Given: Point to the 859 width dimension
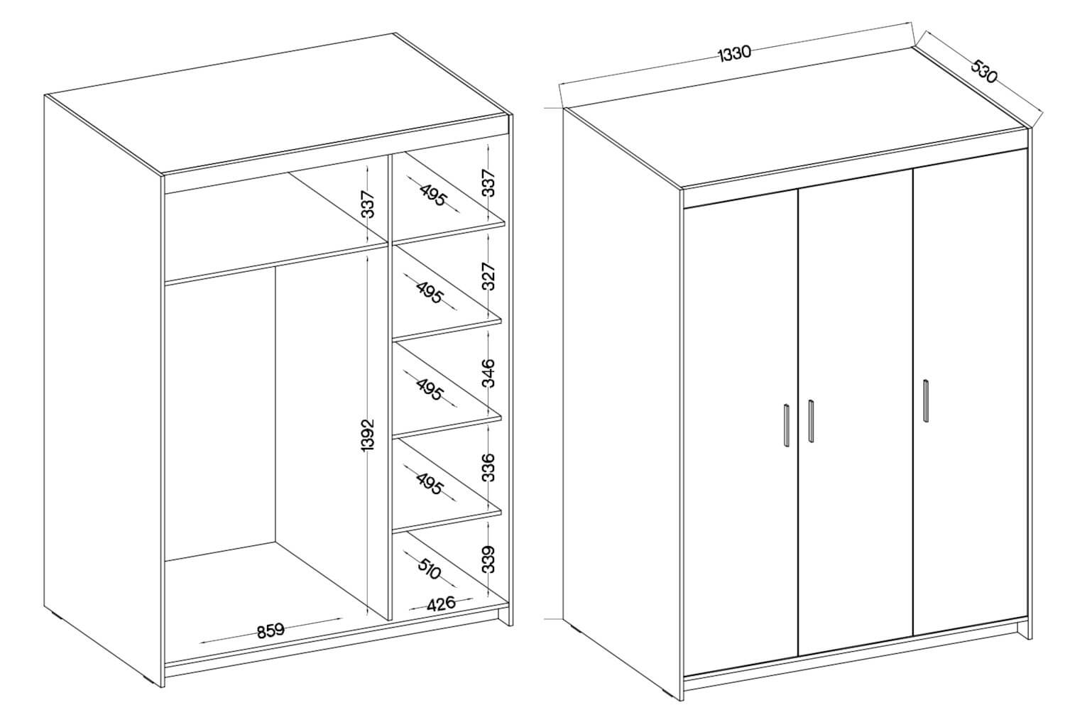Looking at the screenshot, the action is pos(271,630).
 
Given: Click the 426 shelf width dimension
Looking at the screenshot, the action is pos(441,604).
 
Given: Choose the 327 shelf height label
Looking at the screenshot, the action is pos(488,275).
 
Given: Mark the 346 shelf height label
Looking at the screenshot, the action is pos(488,373).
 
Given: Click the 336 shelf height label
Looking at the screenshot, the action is pos(488,467).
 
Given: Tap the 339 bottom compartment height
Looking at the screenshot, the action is pos(488,559).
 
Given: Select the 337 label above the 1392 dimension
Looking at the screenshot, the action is pos(368,204).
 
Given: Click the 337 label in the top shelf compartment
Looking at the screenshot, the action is pos(488,182).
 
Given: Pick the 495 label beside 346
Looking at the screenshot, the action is pos(430,389).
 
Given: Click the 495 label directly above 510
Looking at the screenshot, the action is pos(430,484).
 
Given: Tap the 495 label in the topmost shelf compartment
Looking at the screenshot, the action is pos(433,195).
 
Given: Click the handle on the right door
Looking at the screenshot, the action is pos(926,401).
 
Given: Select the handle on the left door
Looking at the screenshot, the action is pos(787,425).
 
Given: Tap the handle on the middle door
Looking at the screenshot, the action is pos(811,421).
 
